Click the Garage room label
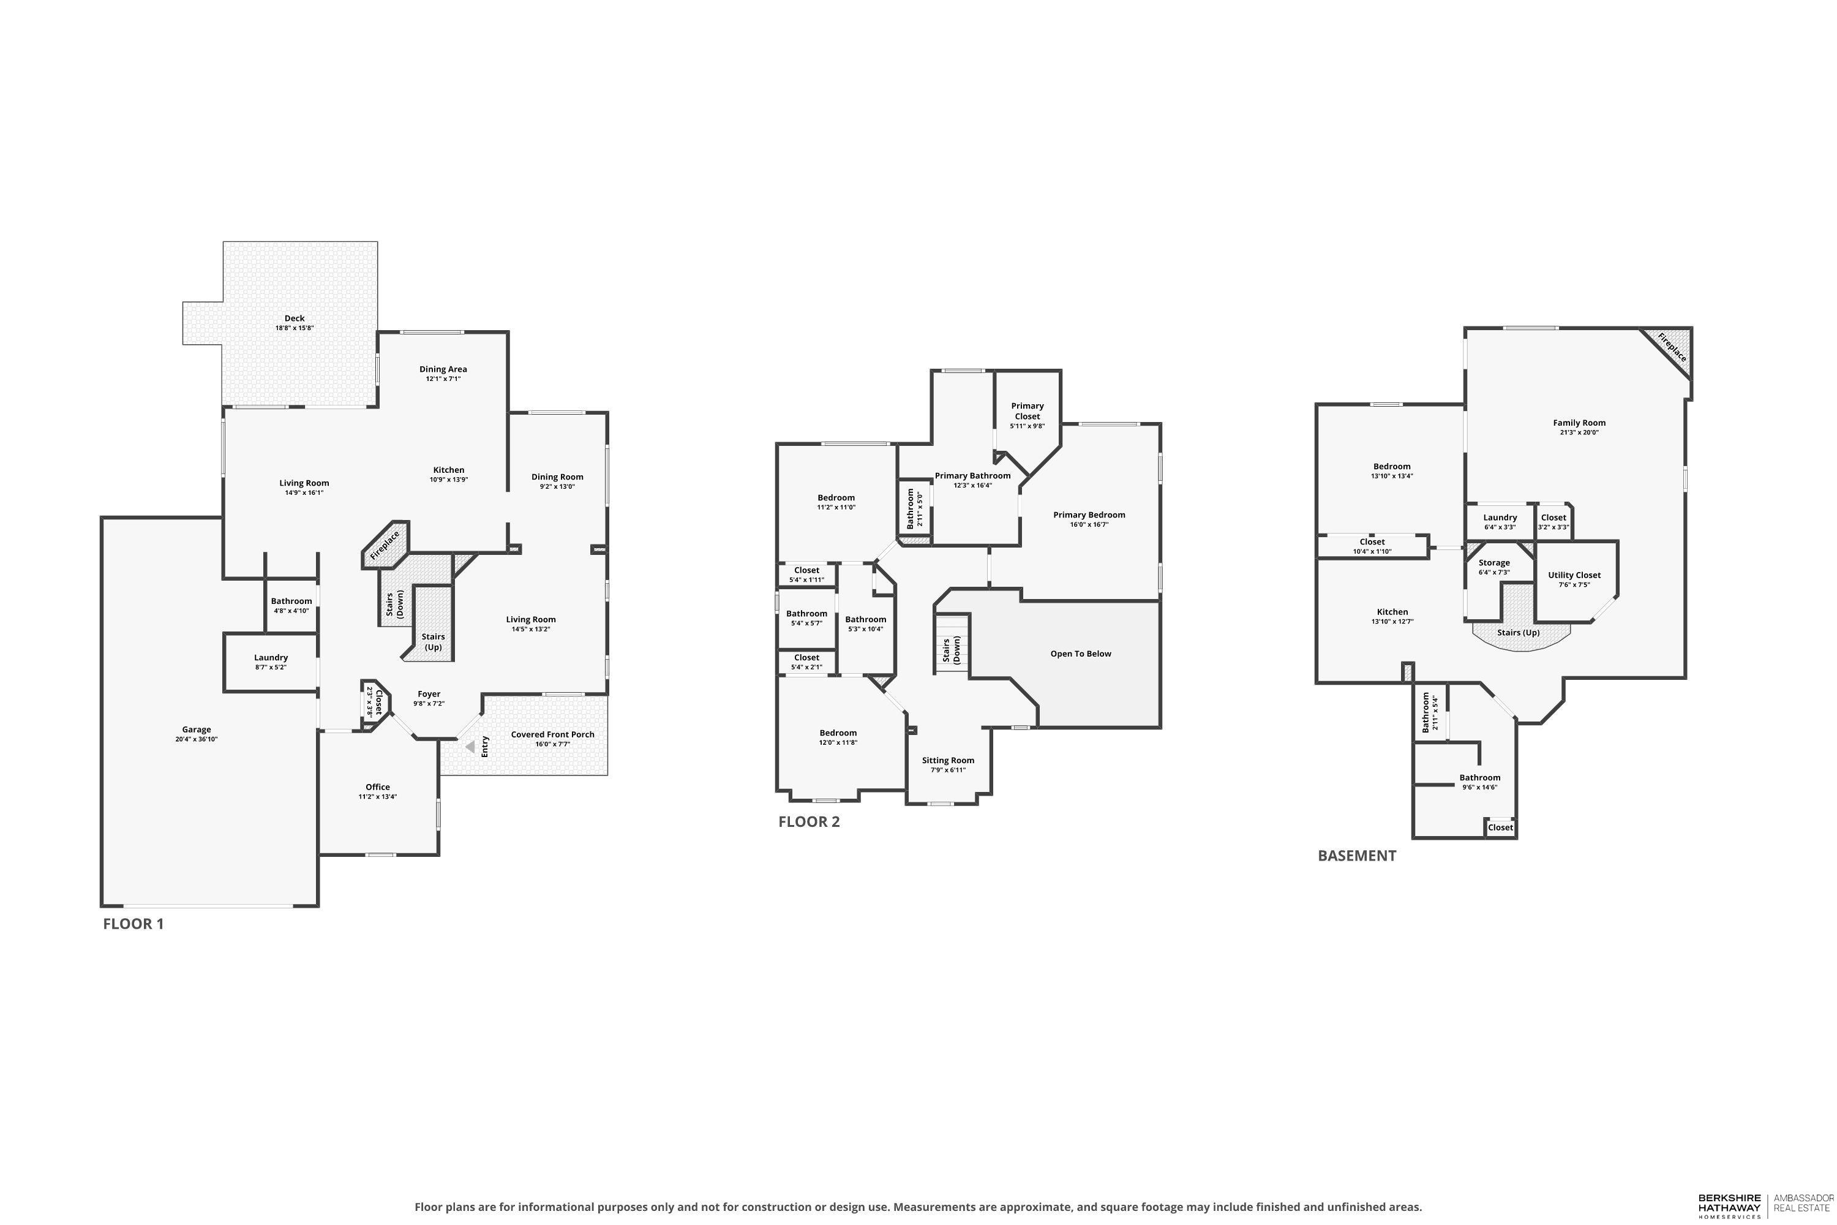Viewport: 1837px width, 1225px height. coord(197,729)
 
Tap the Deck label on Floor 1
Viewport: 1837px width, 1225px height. coord(295,318)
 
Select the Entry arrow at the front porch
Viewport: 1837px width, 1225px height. coord(470,747)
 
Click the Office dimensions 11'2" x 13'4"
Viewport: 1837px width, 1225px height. coord(378,797)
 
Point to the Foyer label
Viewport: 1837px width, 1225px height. coord(429,694)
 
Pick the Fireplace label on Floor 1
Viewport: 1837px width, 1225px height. coord(385,545)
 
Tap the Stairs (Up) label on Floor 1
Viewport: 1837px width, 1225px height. coord(433,641)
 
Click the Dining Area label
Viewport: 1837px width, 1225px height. coord(443,369)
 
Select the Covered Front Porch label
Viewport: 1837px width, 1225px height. coord(552,734)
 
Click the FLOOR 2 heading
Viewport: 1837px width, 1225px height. coord(809,822)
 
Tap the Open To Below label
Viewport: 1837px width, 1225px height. coord(1080,654)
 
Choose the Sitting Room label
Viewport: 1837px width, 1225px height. coord(948,760)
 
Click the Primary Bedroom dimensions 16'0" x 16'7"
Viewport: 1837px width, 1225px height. coord(1089,525)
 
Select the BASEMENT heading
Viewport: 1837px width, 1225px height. coord(1357,856)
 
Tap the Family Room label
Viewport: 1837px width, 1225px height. coord(1579,423)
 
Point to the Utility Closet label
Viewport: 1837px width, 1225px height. coord(1574,575)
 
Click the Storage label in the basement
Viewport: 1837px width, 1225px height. coord(1494,562)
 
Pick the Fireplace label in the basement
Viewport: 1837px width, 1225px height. coord(1672,348)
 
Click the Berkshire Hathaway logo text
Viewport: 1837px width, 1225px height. coord(1729,1204)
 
